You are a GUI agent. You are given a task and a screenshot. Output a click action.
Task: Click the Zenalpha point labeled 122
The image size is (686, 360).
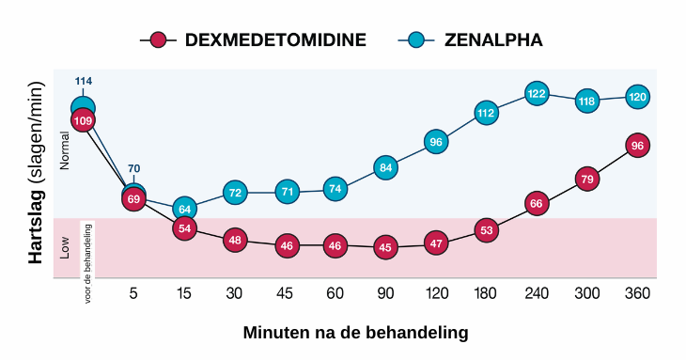click(537, 94)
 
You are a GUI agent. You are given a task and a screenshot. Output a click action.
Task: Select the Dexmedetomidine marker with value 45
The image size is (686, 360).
click(384, 247)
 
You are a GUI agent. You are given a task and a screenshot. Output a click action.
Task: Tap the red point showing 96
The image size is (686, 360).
click(637, 146)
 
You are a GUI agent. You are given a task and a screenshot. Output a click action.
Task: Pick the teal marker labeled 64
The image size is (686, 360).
click(184, 209)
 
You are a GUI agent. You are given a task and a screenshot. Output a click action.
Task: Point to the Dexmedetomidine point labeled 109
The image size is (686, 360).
click(83, 121)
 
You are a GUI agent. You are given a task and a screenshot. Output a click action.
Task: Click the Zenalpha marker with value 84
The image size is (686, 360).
click(384, 168)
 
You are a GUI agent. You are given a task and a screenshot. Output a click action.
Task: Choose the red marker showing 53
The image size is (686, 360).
click(486, 229)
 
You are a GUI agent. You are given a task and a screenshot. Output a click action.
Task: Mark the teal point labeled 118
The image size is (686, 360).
click(587, 101)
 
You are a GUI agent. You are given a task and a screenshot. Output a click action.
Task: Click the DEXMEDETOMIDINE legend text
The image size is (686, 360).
click(275, 39)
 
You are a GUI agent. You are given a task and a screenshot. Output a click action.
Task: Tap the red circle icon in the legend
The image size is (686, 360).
click(158, 39)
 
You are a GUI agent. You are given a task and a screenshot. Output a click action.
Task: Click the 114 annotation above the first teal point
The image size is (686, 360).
click(83, 82)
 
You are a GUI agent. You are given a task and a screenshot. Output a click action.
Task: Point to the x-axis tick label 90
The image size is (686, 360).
click(384, 294)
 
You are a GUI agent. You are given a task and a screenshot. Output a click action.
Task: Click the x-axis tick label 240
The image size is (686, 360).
click(537, 294)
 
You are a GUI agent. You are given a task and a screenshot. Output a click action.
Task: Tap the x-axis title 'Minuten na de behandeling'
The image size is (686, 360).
click(355, 333)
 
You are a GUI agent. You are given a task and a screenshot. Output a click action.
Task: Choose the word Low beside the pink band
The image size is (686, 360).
click(65, 248)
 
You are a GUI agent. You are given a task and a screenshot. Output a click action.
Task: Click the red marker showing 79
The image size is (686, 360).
click(587, 179)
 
